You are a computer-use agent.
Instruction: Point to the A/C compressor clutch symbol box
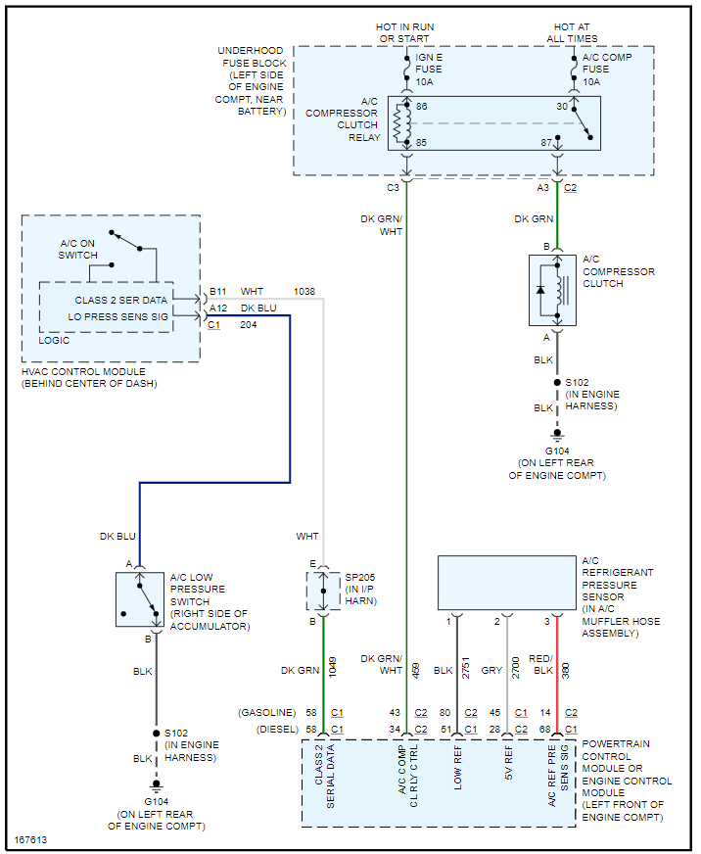click(x=552, y=290)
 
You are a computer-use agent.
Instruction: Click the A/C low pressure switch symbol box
click(x=139, y=599)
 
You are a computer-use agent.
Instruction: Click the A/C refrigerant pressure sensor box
click(x=506, y=583)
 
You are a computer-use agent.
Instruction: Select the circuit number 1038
click(x=305, y=292)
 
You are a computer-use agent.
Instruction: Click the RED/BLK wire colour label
click(x=540, y=664)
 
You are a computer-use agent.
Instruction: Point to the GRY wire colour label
click(x=492, y=670)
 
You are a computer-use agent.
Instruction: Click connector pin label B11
click(x=218, y=292)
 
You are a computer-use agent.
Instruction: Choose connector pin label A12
click(x=218, y=308)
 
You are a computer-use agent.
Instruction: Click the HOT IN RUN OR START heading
click(x=405, y=32)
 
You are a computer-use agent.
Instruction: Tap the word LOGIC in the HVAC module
click(x=54, y=339)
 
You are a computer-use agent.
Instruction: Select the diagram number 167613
click(x=31, y=840)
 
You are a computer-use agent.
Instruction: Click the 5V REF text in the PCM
click(x=508, y=769)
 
